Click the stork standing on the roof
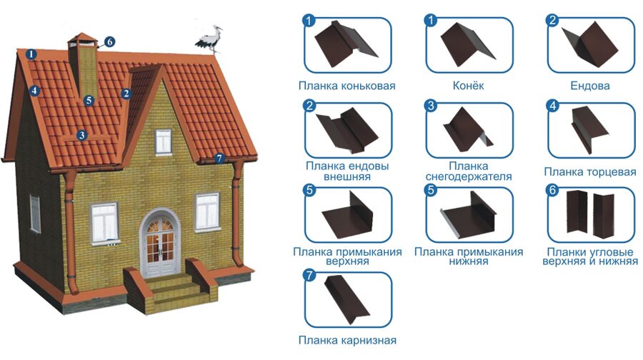point(210,39)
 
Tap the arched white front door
point(160,244)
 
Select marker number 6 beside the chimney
point(109,42)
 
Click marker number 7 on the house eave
point(219,159)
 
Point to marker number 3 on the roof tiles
point(82,135)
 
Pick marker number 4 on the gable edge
point(34,90)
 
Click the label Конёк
point(468,86)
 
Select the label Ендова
point(589,86)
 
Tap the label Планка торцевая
point(589,172)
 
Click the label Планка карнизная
point(347,340)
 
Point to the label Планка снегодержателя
point(468,171)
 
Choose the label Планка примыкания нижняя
point(468,256)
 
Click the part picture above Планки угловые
point(590,213)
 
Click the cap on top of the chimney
point(83,40)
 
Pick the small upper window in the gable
point(163,141)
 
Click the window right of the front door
point(207,211)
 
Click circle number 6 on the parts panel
point(552,190)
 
